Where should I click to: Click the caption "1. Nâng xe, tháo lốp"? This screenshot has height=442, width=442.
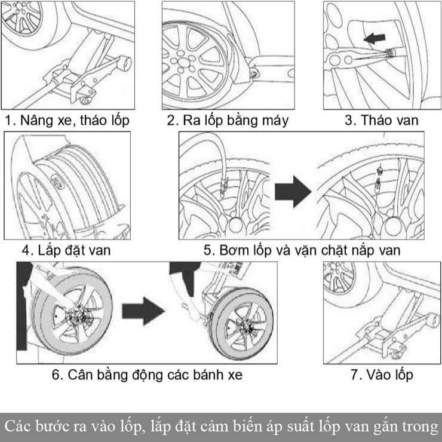[67, 121]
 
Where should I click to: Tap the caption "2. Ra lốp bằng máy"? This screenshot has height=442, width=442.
[228, 121]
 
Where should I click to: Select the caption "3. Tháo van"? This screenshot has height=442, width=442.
[382, 121]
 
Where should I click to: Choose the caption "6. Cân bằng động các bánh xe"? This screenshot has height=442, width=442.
[146, 375]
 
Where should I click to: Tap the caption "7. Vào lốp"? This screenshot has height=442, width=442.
[382, 375]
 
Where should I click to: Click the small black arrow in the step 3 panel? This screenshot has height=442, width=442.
[374, 39]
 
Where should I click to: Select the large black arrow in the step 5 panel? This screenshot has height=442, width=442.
[293, 192]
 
